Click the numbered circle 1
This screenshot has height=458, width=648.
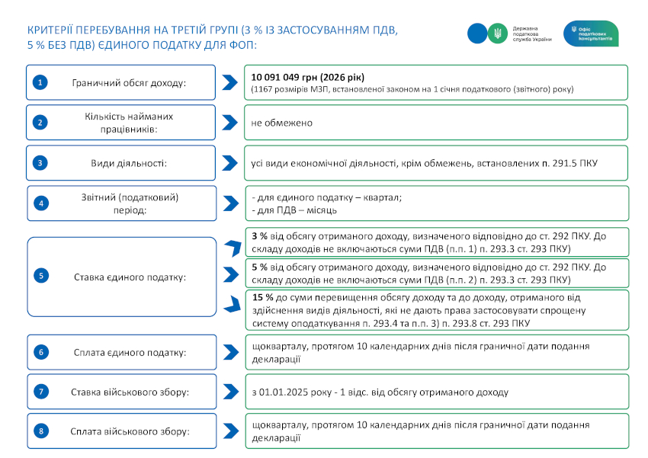tap(40, 82)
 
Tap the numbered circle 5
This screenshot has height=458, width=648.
tap(40, 276)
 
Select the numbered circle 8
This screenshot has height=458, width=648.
tap(40, 431)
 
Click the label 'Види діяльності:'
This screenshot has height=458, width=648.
tap(129, 162)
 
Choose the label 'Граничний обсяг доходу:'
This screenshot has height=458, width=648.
tap(129, 82)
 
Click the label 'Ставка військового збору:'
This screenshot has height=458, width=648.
tap(130, 392)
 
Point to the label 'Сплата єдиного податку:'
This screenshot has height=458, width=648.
tap(129, 352)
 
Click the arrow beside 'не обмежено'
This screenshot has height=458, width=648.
tap(229, 122)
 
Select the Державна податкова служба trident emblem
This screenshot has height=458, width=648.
tap(497, 33)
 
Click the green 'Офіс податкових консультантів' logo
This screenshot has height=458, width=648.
tap(591, 34)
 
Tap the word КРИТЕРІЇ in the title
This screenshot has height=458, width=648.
tap(56, 29)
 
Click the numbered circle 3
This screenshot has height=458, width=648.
tap(40, 162)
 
